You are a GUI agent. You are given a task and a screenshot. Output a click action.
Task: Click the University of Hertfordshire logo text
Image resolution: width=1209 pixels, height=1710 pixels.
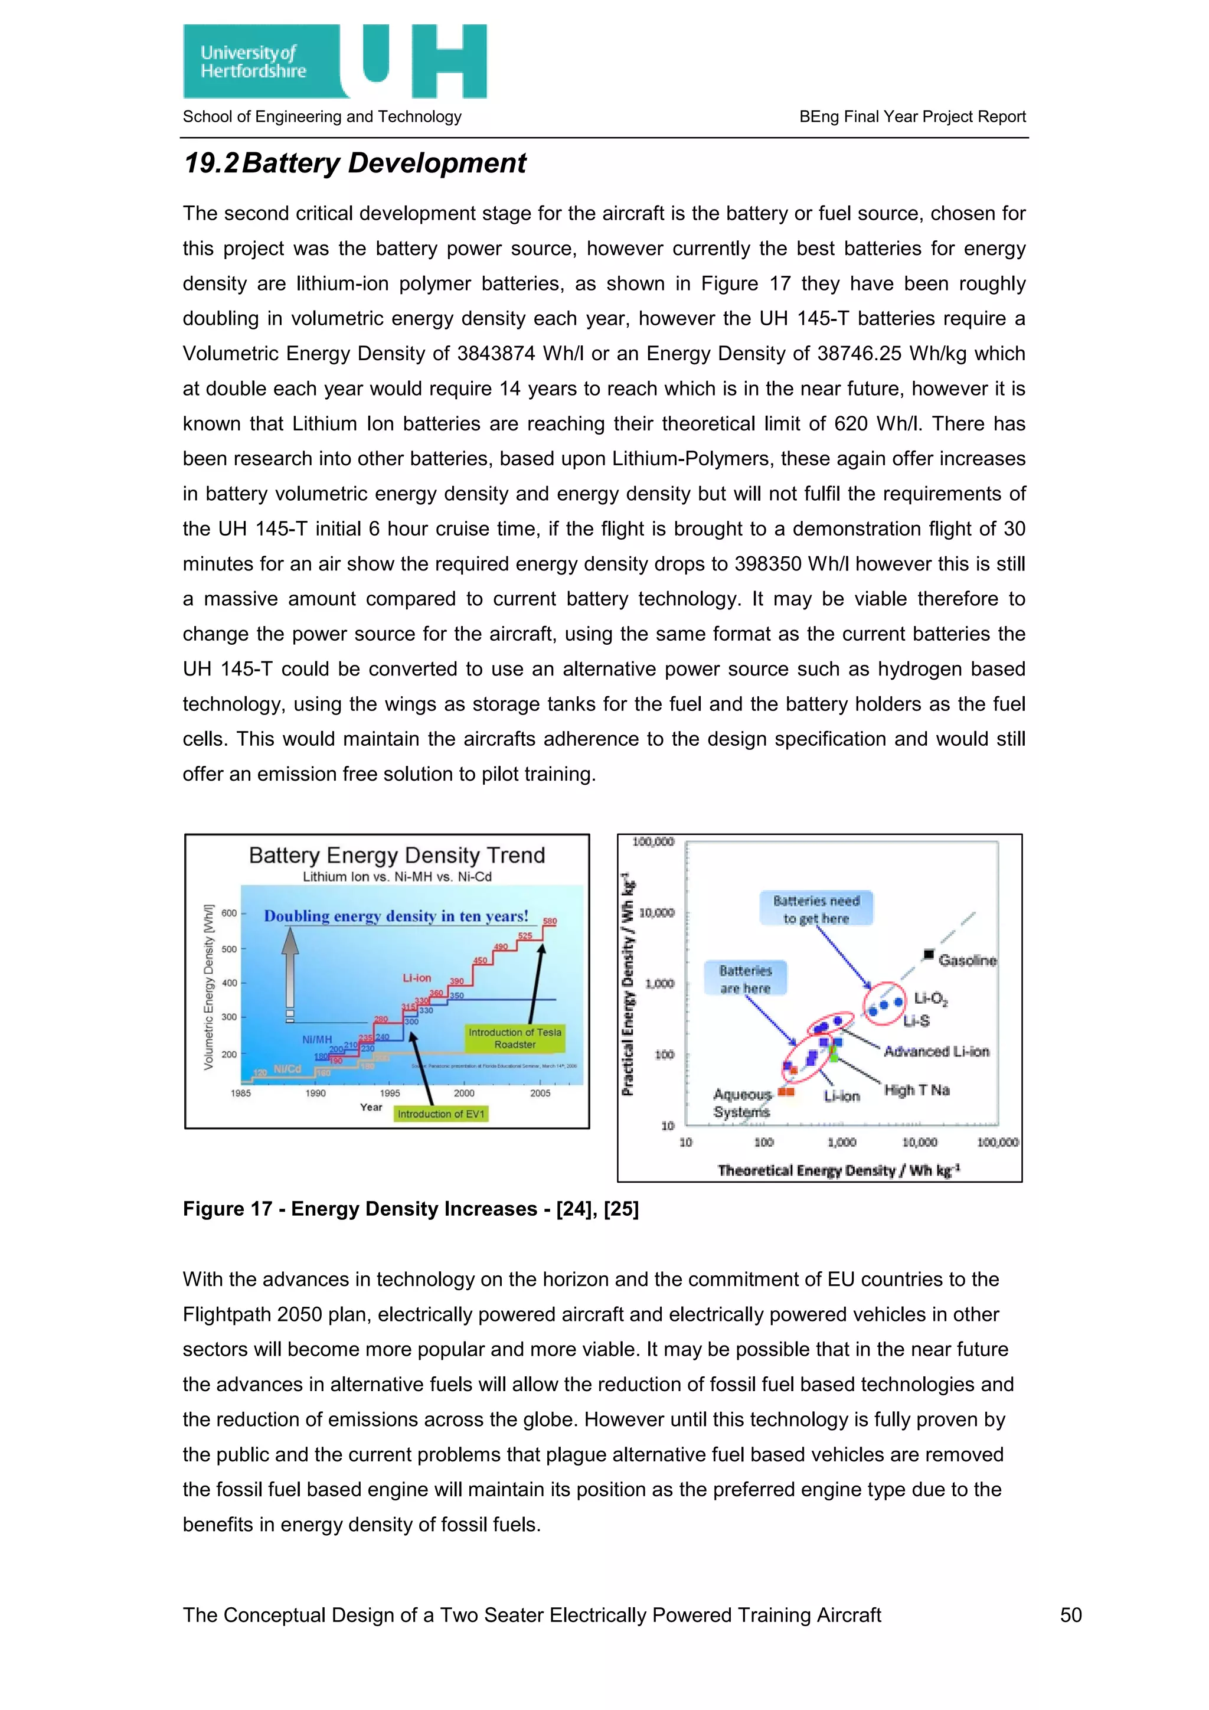tap(253, 62)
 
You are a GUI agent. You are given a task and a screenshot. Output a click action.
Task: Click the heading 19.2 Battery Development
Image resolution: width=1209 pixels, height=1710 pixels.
tap(355, 163)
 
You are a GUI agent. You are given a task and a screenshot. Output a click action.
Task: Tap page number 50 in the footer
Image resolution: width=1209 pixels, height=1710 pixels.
tap(1070, 1615)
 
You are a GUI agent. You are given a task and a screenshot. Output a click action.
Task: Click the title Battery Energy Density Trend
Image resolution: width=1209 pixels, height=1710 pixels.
tap(397, 855)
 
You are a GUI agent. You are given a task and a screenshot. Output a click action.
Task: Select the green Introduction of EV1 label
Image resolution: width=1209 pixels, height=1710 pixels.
tap(441, 1114)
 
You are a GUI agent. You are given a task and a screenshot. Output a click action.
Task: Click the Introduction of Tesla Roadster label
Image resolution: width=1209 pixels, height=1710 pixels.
tap(514, 1038)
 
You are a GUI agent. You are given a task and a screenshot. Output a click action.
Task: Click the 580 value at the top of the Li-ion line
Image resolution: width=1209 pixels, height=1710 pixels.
tap(550, 921)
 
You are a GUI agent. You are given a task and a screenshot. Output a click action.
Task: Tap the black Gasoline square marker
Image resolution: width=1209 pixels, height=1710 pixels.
tap(929, 954)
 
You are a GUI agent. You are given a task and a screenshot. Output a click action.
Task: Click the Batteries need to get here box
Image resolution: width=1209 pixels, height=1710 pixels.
tap(816, 909)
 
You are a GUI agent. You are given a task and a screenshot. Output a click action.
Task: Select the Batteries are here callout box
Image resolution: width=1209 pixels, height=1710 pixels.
tap(745, 978)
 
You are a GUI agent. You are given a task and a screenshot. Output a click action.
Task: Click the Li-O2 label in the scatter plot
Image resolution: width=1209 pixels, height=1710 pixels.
tap(930, 998)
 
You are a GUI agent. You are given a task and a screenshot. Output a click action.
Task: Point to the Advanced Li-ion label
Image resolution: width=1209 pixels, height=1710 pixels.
tap(936, 1052)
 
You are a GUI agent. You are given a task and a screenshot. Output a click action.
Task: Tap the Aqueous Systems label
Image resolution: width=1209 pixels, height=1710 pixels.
tap(742, 1103)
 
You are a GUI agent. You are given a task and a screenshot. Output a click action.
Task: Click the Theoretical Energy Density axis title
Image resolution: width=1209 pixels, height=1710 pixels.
tap(838, 1170)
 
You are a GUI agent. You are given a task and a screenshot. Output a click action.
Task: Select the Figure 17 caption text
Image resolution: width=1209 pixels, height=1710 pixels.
tap(411, 1209)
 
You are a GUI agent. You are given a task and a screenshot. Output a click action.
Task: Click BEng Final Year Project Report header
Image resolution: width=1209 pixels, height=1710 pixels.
tap(912, 117)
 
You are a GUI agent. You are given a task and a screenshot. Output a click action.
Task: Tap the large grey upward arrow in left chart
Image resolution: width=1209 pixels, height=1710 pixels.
tap(290, 968)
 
